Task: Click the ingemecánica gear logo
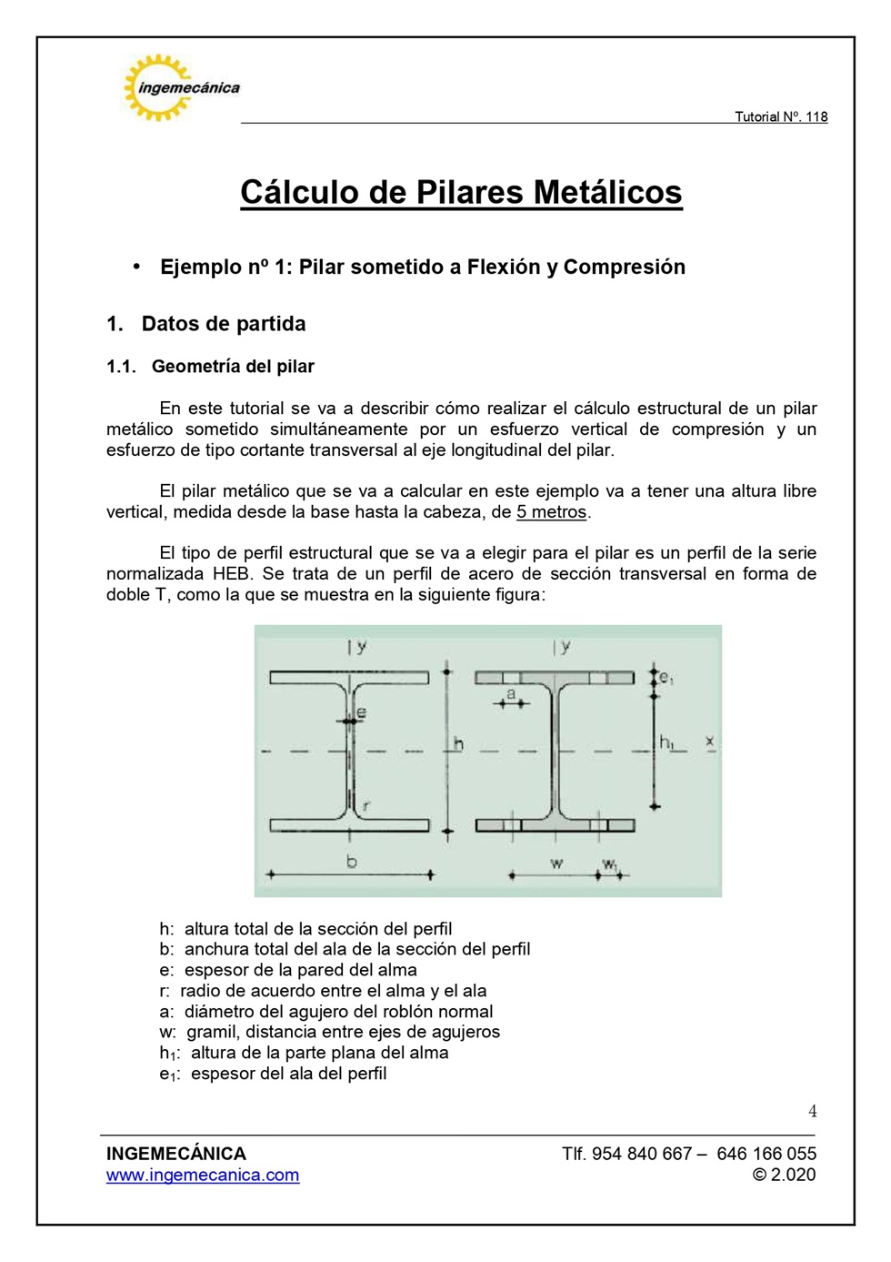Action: pyautogui.click(x=160, y=87)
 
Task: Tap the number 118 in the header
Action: pyautogui.click(x=816, y=116)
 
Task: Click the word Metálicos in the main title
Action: pyautogui.click(x=607, y=192)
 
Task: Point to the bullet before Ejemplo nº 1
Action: pyautogui.click(x=136, y=266)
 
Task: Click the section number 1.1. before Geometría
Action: pyautogui.click(x=121, y=367)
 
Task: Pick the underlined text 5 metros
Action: pyautogui.click(x=552, y=512)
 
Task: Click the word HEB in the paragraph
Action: pyautogui.click(x=233, y=574)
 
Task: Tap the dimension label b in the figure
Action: pyautogui.click(x=352, y=861)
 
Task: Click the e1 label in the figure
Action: pyautogui.click(x=666, y=678)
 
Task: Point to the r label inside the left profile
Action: pyautogui.click(x=365, y=805)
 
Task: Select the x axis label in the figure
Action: pyautogui.click(x=710, y=742)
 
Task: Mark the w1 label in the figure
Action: pyautogui.click(x=609, y=863)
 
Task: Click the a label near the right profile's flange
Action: pyautogui.click(x=511, y=694)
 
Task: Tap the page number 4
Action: pyautogui.click(x=812, y=1111)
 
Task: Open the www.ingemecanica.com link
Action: pyautogui.click(x=203, y=1175)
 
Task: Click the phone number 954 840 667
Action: pyautogui.click(x=642, y=1154)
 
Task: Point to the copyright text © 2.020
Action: pyautogui.click(x=784, y=1175)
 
